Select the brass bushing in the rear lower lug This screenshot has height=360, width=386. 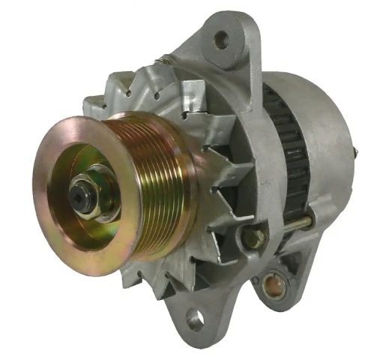268,283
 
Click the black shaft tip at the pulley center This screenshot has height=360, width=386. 77,193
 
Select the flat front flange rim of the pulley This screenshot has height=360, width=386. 52,225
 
